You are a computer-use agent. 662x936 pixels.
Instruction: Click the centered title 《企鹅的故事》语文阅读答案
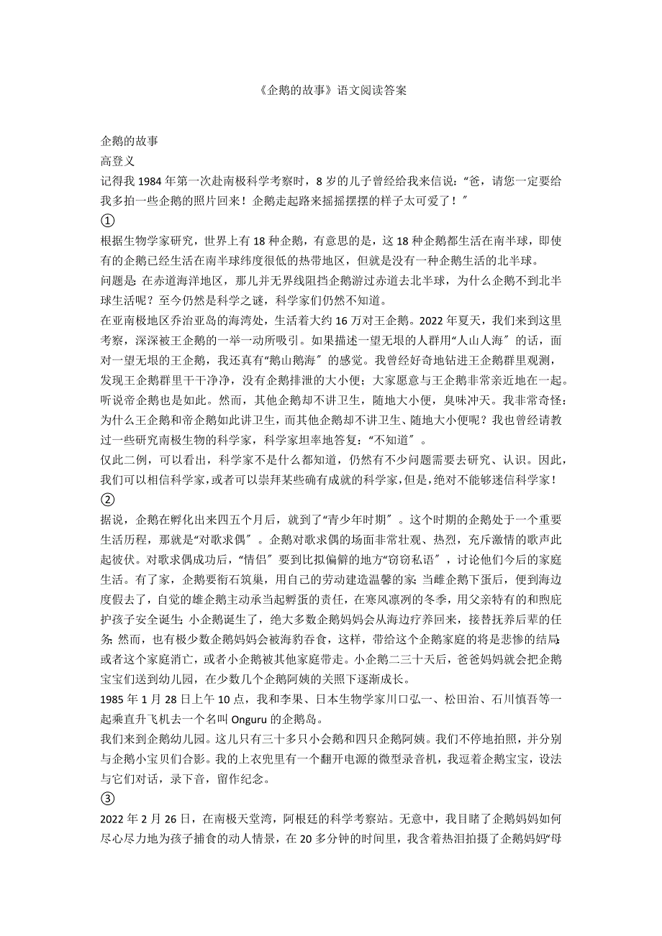coord(331,91)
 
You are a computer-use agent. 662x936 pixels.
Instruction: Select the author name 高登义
coord(117,162)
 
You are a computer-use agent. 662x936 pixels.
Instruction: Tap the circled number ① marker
coord(107,221)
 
